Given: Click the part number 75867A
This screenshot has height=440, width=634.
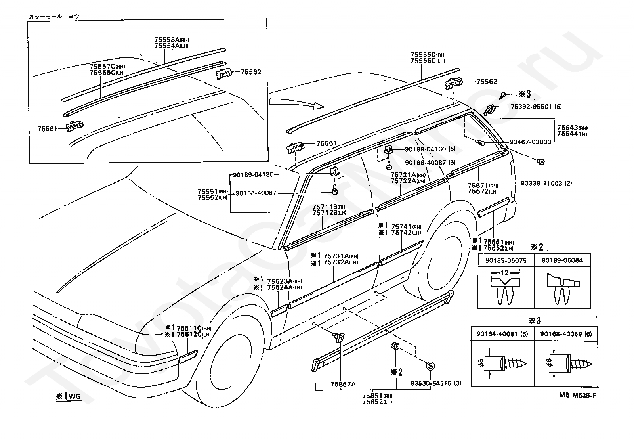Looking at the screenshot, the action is coord(343,384).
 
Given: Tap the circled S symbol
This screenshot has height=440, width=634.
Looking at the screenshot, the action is coord(430,366).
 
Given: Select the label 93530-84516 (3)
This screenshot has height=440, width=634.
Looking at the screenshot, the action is coord(436,383).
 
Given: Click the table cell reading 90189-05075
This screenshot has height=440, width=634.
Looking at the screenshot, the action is coord(506,260).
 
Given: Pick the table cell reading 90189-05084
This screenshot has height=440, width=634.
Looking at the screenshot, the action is coord(562,260).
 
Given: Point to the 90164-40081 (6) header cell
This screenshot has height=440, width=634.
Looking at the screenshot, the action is coord(502,334).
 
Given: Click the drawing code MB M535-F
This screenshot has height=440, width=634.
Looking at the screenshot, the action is coord(578,396).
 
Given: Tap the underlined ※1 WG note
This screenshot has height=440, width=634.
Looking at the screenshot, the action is coord(69,396).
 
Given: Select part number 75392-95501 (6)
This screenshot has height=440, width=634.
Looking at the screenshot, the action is coord(537,107).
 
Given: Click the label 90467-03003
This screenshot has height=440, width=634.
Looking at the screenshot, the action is coord(530,142).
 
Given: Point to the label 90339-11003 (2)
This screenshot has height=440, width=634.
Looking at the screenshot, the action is coord(546,183).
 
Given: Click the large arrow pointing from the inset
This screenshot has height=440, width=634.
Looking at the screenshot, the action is coord(297,103).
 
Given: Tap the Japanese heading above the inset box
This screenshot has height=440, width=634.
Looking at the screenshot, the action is coord(54,16).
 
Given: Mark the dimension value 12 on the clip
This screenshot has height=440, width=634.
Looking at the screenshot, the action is coord(505,273).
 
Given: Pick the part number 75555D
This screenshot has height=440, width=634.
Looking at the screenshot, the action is coord(423,55).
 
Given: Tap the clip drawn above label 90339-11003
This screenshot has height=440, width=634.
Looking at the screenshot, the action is coord(540,162).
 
